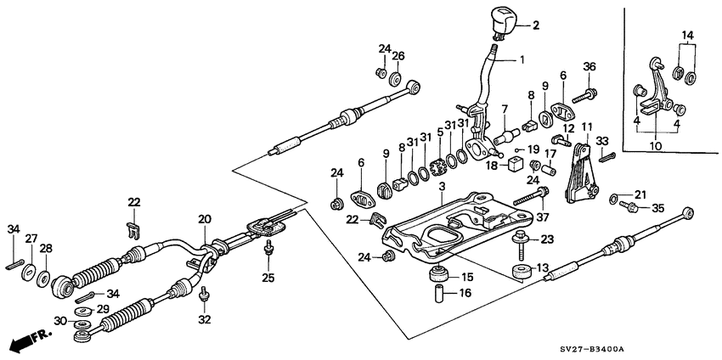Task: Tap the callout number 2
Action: tap(537, 25)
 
